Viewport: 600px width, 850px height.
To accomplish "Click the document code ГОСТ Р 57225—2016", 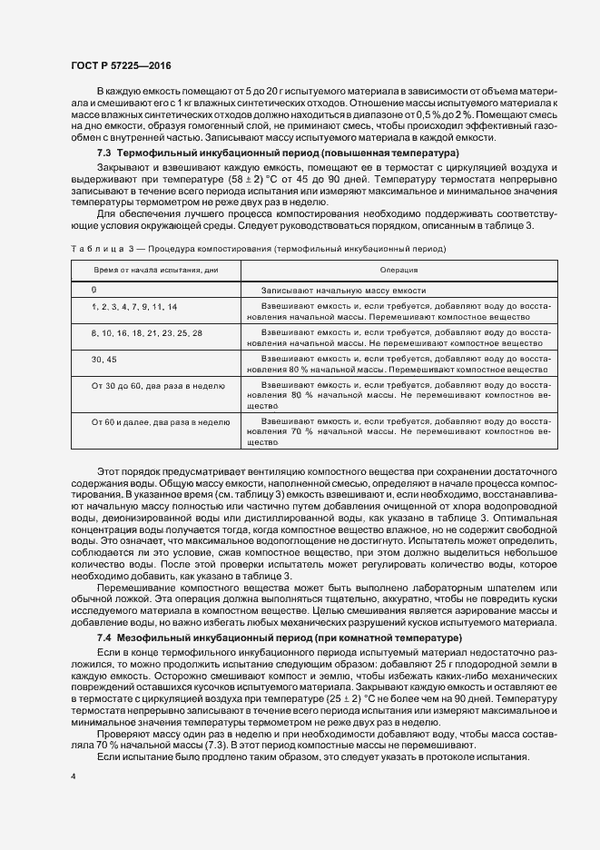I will click(x=120, y=67).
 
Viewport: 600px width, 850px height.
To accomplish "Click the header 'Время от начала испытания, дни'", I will click(x=153, y=271).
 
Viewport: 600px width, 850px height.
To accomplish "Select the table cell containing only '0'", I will click(x=93, y=289).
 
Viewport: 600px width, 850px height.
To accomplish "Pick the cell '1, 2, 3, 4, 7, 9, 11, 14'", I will click(x=134, y=308).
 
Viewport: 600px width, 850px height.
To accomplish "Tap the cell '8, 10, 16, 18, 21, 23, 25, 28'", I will click(x=146, y=334).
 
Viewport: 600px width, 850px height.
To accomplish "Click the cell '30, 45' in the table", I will click(x=103, y=361).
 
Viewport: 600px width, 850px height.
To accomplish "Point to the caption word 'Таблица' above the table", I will click(x=93, y=248).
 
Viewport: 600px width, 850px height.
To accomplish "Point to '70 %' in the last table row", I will click(x=306, y=432).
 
